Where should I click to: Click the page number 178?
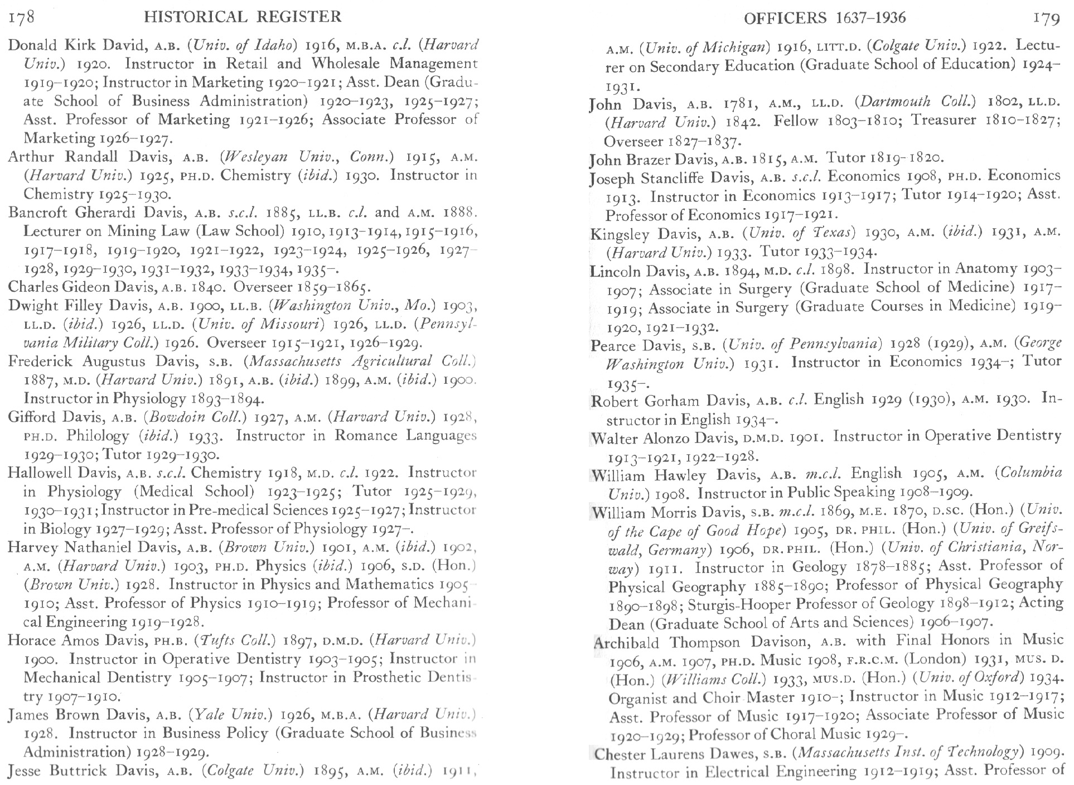coord(22,17)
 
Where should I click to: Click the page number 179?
coord(1046,18)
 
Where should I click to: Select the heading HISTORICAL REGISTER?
coord(243,17)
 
